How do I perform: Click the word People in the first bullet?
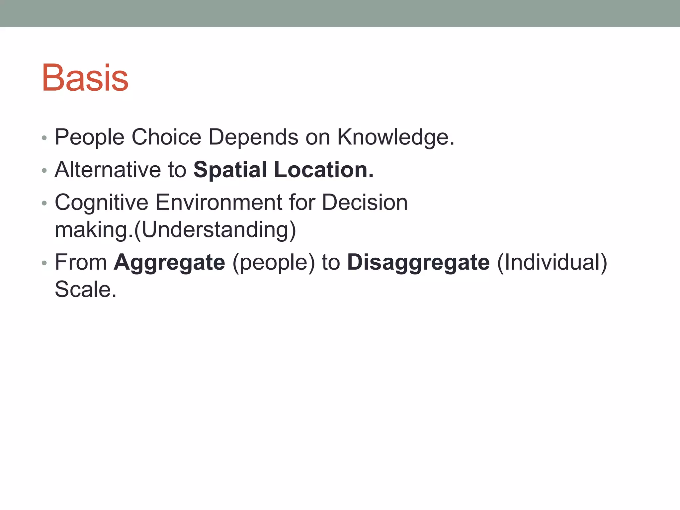tap(89, 137)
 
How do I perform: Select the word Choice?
tap(166, 137)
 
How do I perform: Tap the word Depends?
tap(253, 137)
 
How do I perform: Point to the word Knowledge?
tap(395, 137)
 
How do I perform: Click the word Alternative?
tap(108, 169)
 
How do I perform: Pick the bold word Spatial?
tap(230, 170)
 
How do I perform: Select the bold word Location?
tap(324, 169)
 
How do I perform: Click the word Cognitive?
tap(101, 203)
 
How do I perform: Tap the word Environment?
tap(218, 202)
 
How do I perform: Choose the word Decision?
tap(365, 202)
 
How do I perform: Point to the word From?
tap(81, 262)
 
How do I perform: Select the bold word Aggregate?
tap(169, 263)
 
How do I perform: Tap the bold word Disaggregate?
tap(418, 263)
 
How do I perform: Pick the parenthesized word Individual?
tap(552, 262)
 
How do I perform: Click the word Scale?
tap(85, 289)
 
